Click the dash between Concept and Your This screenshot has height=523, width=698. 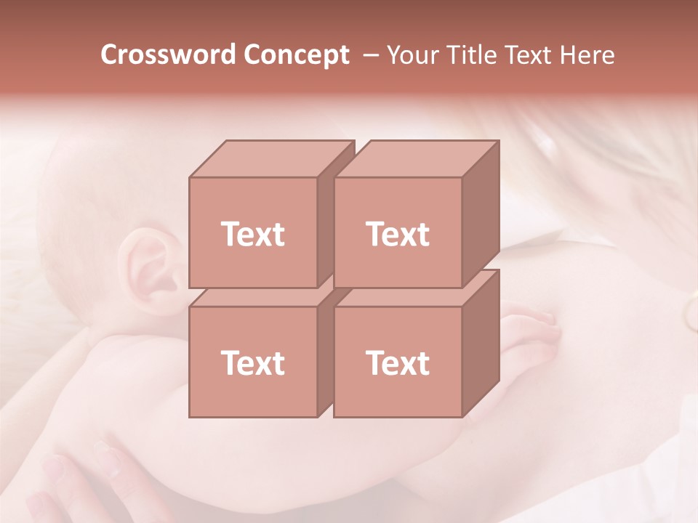point(370,55)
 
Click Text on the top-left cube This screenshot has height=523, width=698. point(253,234)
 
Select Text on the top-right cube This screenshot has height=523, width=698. point(398,234)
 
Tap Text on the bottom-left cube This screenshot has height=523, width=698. point(253,362)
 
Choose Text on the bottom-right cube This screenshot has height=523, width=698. point(398,362)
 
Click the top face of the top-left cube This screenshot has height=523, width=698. point(270,158)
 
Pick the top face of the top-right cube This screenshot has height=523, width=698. point(416,158)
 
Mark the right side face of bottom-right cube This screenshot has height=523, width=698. point(481,344)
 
